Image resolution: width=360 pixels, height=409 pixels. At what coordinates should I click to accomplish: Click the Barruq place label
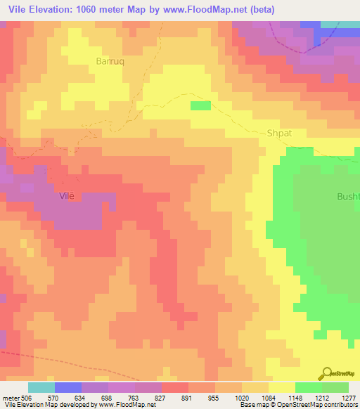110,61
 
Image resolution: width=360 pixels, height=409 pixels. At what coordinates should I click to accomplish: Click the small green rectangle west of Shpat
200,105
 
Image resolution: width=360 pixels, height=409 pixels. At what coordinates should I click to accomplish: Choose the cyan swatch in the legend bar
41,387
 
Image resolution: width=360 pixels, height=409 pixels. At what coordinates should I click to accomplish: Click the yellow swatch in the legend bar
281,387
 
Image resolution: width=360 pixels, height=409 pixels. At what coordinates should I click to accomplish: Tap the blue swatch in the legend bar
68,387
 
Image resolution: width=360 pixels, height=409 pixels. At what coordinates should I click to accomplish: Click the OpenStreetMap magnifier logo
326,373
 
